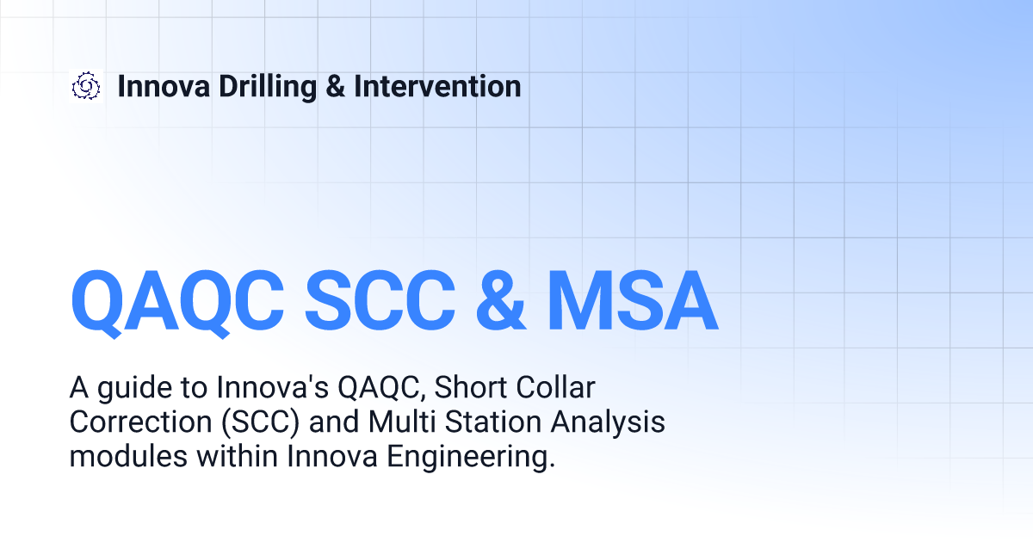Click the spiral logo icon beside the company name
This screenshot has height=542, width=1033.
tap(86, 86)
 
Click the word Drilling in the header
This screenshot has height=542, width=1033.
tap(268, 88)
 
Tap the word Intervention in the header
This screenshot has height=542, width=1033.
tap(437, 87)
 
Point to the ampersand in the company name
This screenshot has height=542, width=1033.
tap(335, 87)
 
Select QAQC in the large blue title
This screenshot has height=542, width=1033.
tap(177, 302)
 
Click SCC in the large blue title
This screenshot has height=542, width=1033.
tap(380, 300)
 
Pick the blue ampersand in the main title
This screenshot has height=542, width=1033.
tap(500, 300)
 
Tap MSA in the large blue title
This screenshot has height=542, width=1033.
tap(632, 300)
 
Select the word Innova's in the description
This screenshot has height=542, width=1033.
tap(272, 387)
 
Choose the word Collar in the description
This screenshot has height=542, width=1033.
tap(555, 387)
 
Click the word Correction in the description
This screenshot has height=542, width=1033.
tap(140, 422)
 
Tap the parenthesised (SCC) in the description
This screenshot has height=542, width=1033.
tap(261, 422)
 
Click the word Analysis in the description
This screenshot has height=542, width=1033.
tap(608, 423)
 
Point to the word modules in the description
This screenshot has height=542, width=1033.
tap(128, 456)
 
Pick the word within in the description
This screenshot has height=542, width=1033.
tap(237, 456)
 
